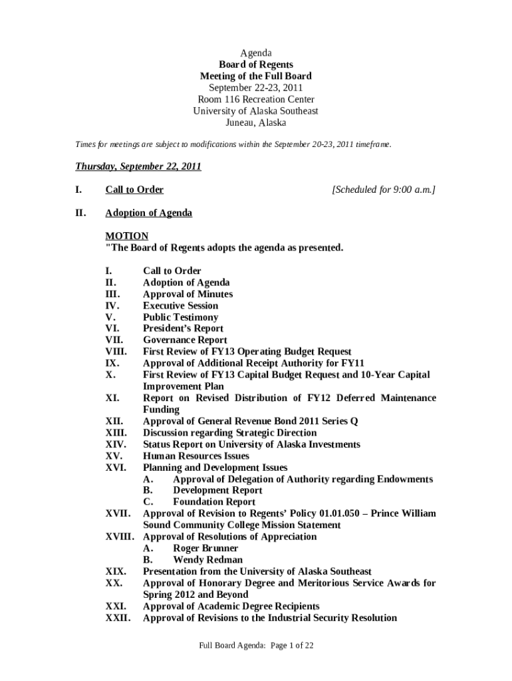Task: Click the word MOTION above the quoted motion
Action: [x=127, y=236]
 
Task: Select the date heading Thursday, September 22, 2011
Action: [x=138, y=166]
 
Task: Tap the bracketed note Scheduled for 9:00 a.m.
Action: [x=384, y=190]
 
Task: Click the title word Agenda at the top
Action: [x=256, y=53]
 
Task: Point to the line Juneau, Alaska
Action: [x=256, y=123]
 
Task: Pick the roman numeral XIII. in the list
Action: [x=118, y=433]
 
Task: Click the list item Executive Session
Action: [x=180, y=306]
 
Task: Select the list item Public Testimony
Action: [x=180, y=317]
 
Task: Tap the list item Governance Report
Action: [x=186, y=340]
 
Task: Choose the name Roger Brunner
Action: [x=205, y=549]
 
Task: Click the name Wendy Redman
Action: [x=207, y=560]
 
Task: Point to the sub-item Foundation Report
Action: [x=213, y=502]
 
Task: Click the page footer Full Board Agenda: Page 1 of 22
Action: [x=256, y=645]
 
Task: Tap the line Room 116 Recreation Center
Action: [x=256, y=100]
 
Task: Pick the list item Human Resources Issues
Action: [x=196, y=456]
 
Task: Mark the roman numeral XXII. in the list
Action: [x=118, y=618]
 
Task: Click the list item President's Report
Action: [x=183, y=329]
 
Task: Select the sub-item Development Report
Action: [x=217, y=491]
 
